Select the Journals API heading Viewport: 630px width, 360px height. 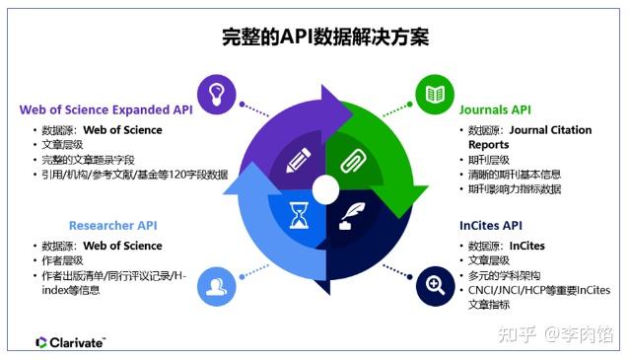[495, 109]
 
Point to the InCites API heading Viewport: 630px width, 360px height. [491, 225]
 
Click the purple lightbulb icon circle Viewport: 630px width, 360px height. [216, 94]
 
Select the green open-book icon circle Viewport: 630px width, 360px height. [433, 94]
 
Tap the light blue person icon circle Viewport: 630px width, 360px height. [216, 286]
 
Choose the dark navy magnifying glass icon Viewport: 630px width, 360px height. [433, 286]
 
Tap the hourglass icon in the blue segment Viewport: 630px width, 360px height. [298, 214]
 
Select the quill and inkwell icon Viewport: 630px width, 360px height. [351, 213]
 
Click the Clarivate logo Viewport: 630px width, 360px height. [70, 342]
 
